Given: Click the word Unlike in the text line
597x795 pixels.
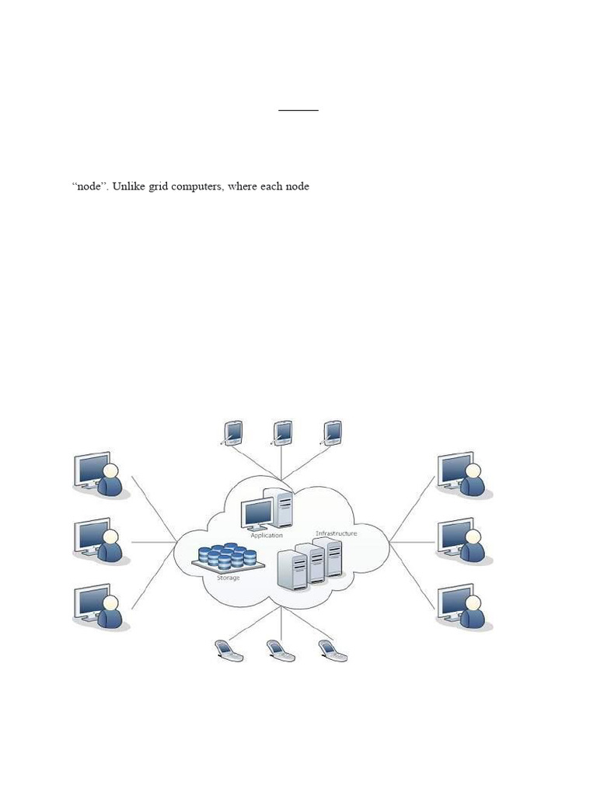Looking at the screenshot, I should click(x=129, y=187).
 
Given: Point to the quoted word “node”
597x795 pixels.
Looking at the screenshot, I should click(x=89, y=187).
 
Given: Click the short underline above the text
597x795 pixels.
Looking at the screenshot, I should click(x=298, y=110).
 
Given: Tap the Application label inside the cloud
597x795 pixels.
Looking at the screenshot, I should click(x=267, y=536).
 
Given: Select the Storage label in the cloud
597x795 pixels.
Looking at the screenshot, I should click(x=228, y=578).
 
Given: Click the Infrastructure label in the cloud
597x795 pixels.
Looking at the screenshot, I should click(x=336, y=534).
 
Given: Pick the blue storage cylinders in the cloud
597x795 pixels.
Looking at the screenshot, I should click(x=226, y=557).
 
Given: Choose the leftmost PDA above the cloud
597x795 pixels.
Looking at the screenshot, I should click(x=232, y=432).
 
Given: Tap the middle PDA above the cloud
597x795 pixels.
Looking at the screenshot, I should click(x=282, y=432).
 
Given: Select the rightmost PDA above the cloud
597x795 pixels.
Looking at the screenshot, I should click(x=333, y=432).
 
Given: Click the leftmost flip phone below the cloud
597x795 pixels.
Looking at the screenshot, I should click(x=229, y=651).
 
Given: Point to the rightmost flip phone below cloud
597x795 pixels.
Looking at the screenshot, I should click(x=333, y=651).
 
